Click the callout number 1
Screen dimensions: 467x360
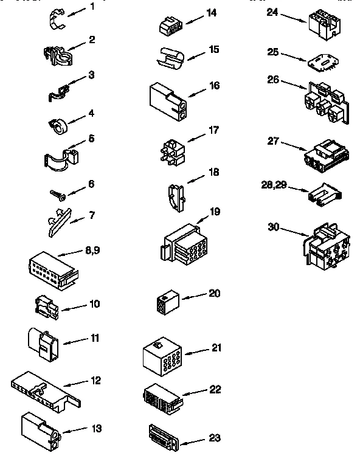(92, 7)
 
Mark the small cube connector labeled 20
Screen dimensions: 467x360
(167, 302)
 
